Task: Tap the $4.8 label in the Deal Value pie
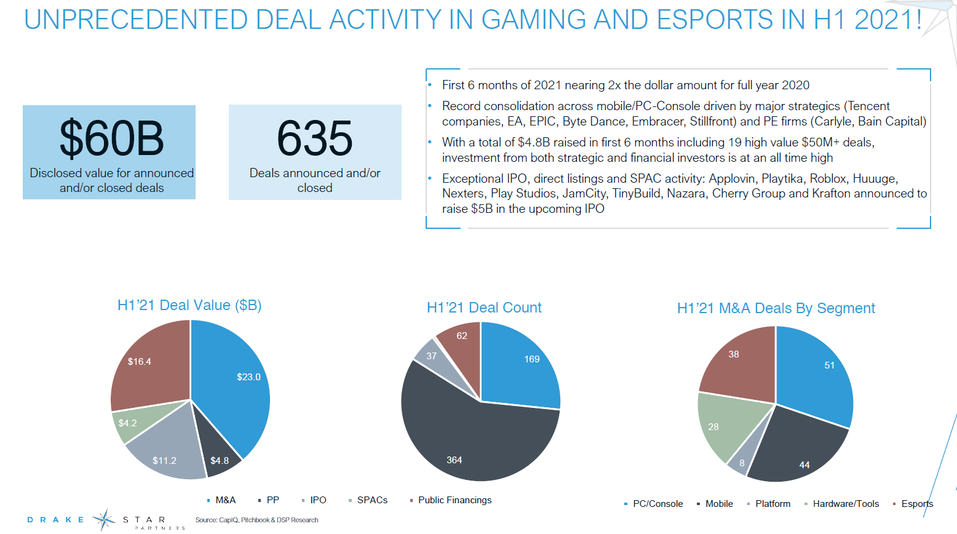tap(220, 461)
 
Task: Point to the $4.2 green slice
tap(128, 423)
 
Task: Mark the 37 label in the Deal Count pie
tap(432, 356)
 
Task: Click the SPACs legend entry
tap(372, 500)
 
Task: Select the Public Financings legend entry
tap(455, 500)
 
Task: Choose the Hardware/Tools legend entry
tap(846, 504)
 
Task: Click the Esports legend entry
tap(917, 504)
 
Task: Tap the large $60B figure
tap(111, 138)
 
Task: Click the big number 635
tap(314, 138)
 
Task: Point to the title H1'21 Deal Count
tap(484, 308)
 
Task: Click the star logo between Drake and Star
tap(104, 520)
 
